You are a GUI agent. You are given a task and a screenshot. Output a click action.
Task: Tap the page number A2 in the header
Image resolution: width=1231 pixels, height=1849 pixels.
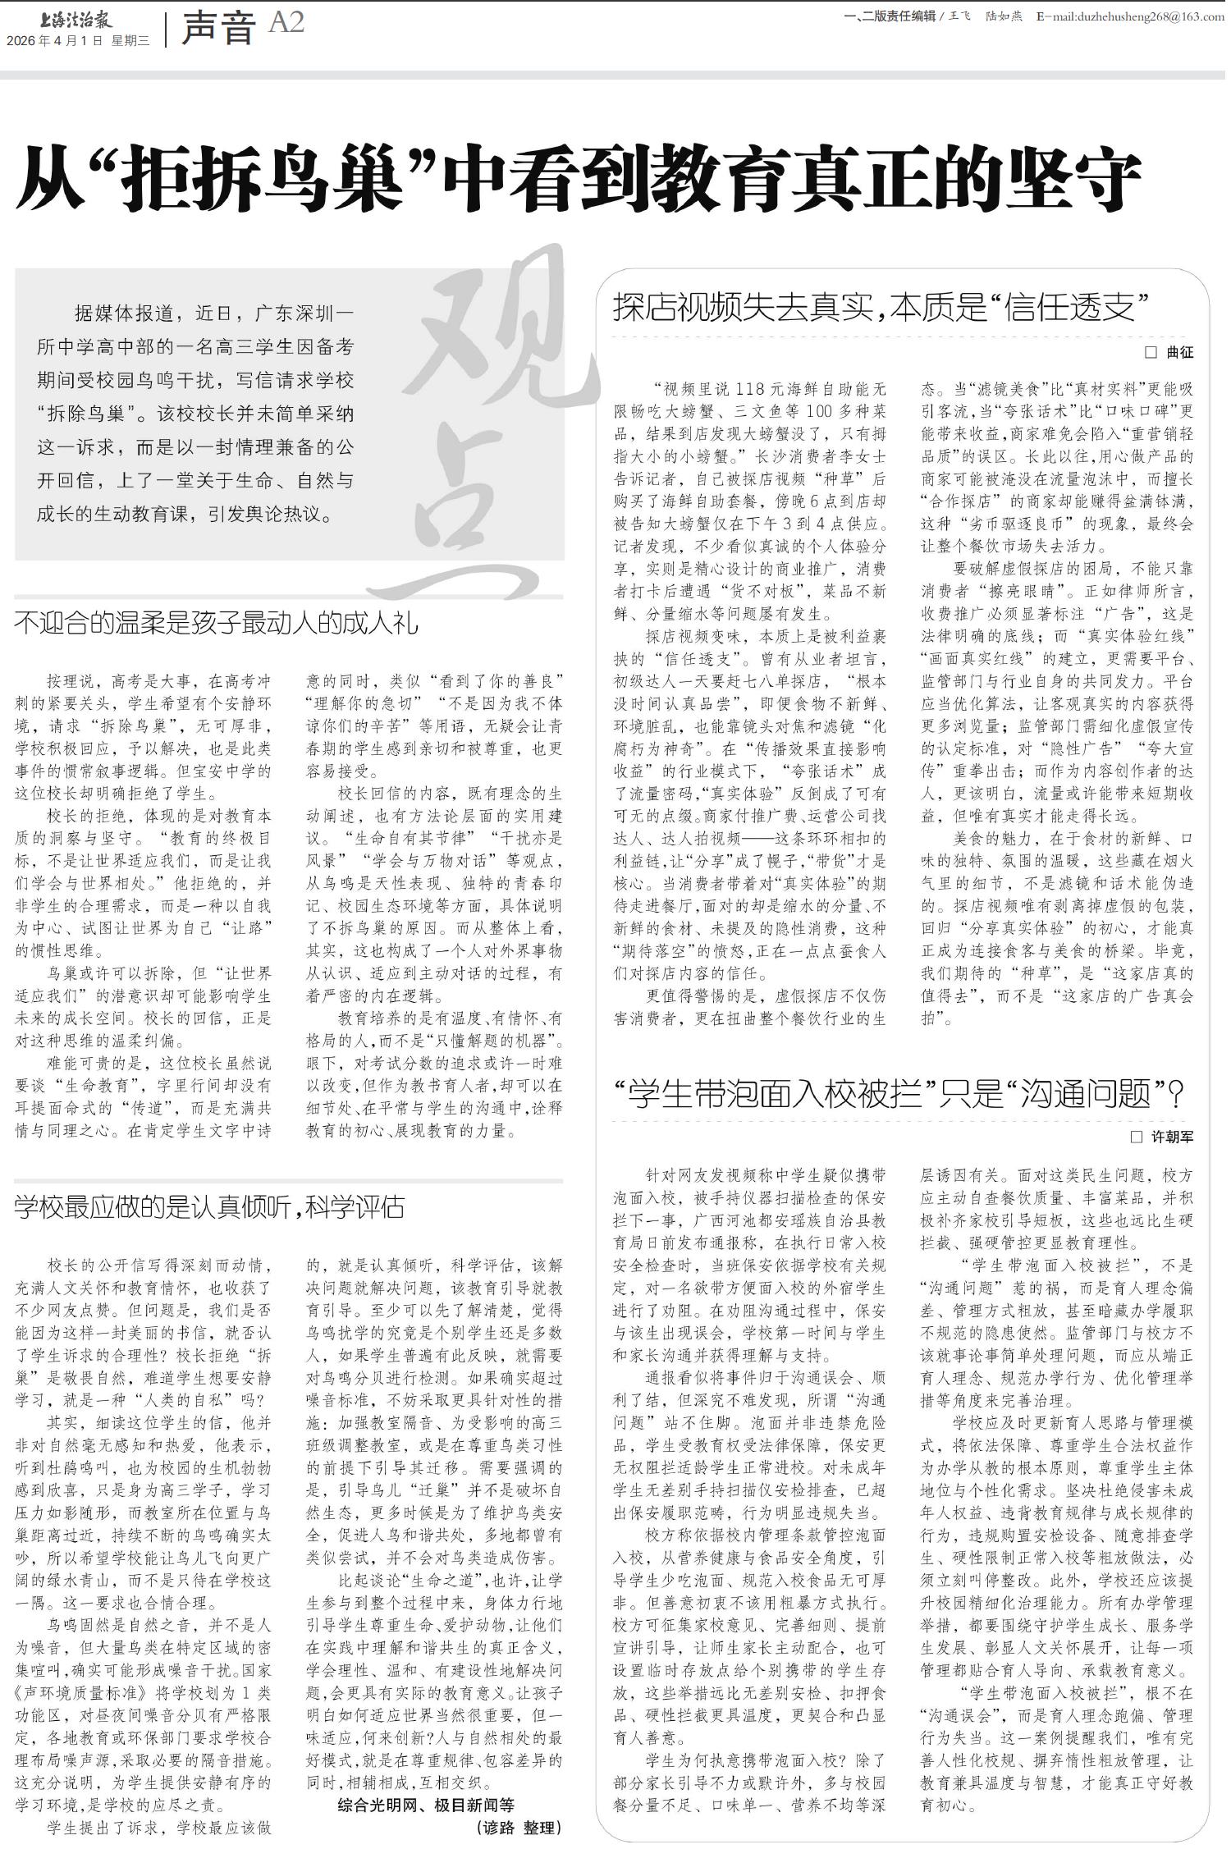[x=286, y=23]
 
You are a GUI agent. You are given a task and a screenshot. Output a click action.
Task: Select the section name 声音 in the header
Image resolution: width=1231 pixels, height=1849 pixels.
[x=217, y=28]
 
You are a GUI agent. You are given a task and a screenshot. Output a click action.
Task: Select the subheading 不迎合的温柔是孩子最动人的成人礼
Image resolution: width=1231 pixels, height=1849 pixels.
[x=216, y=623]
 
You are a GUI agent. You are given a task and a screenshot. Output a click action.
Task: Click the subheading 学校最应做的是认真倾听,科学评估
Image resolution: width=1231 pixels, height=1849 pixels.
[x=209, y=1207]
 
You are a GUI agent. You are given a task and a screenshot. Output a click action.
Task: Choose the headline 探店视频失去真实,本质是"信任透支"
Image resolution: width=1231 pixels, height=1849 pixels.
[x=879, y=307]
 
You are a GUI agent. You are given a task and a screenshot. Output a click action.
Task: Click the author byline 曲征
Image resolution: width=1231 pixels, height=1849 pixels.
[x=1180, y=353]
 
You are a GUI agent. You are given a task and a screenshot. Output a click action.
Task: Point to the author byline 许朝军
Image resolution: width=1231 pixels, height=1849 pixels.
[x=1172, y=1137]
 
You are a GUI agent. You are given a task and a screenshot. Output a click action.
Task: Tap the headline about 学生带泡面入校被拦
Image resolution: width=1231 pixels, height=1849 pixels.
[x=899, y=1093]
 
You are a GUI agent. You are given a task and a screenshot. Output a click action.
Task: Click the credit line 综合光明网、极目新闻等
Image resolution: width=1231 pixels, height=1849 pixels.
[x=426, y=1799]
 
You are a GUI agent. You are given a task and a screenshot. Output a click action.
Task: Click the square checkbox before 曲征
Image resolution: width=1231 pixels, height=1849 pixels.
[x=1151, y=353]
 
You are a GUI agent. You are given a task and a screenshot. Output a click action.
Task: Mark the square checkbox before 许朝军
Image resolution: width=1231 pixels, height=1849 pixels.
[x=1137, y=1137]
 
